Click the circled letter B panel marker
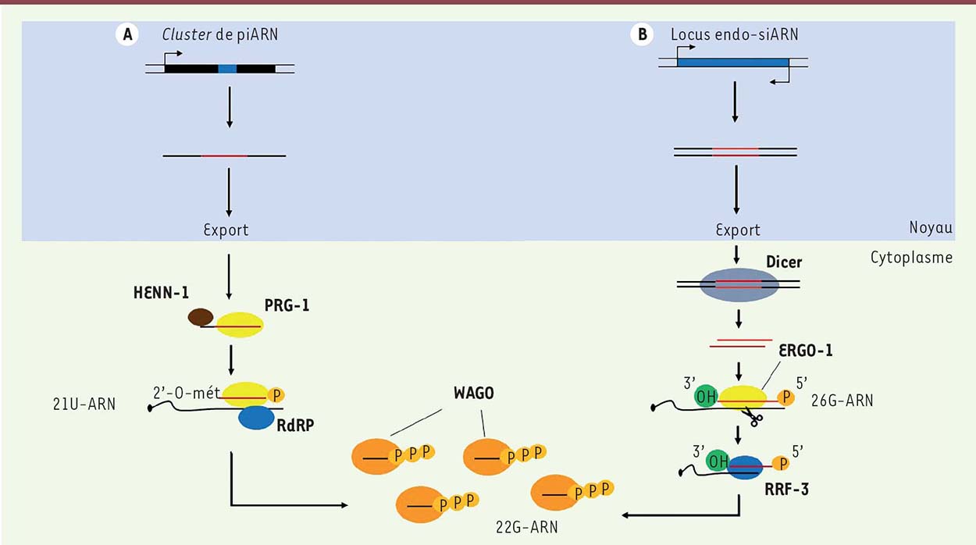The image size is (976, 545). point(643,35)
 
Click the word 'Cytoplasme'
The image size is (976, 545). point(911,258)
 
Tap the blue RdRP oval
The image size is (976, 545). point(262,418)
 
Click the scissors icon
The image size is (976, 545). point(754,418)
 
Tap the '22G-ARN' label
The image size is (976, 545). point(520,529)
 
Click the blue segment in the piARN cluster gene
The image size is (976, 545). point(227,69)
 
